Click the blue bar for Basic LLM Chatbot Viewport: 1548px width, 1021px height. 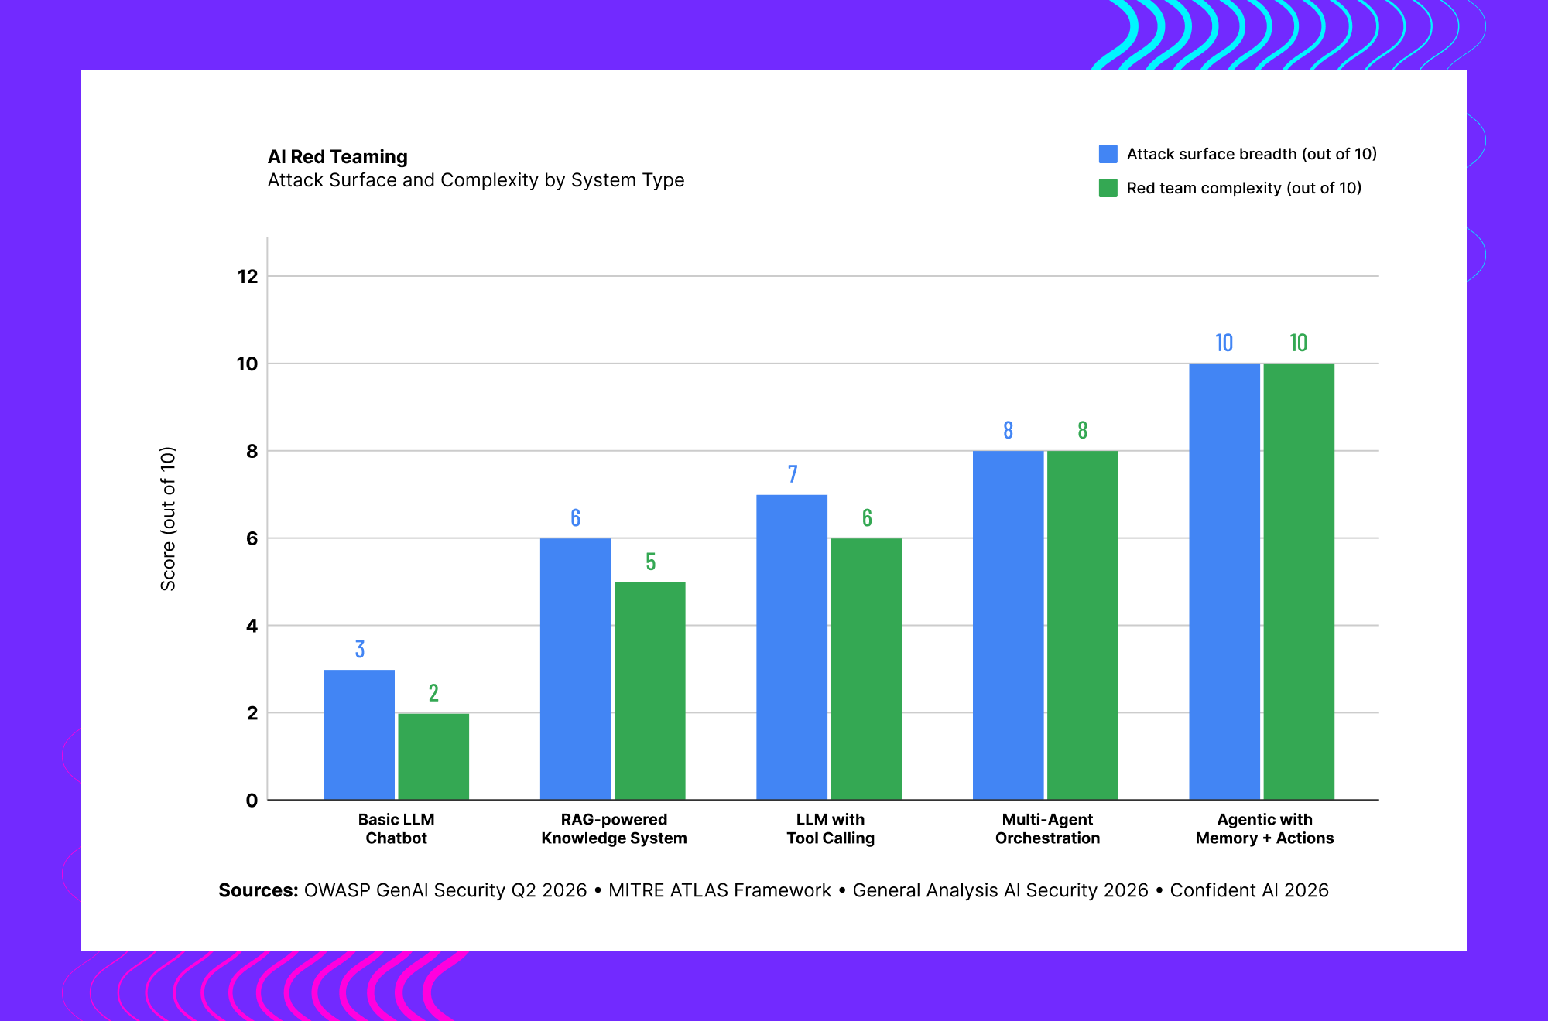coord(359,735)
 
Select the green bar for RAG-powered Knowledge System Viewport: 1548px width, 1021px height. coord(650,691)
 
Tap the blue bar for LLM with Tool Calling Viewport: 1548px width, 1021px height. coord(792,647)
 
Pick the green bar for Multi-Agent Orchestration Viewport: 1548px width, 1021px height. coord(1083,625)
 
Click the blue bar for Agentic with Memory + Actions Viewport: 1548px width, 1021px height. coord(1224,582)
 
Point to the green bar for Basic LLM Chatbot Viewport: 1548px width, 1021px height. coord(433,756)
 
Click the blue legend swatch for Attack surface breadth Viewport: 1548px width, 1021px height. coord(1108,154)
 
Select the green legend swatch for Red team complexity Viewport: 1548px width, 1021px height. coord(1108,188)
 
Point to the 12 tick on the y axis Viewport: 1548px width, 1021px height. coord(248,276)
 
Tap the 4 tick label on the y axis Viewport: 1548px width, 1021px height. coord(252,626)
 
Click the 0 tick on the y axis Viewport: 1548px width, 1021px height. coord(252,801)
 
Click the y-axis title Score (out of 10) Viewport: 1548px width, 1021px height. coord(168,519)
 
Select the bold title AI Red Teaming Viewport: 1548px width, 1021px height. coord(337,157)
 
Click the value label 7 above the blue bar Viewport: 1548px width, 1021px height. coord(793,474)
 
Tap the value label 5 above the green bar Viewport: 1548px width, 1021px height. coord(651,562)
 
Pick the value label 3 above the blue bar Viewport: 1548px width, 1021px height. coord(360,649)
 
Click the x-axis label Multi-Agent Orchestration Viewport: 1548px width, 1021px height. coord(1047,828)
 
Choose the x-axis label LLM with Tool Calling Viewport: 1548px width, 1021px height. coord(831,828)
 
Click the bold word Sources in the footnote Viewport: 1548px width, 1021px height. coord(259,890)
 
